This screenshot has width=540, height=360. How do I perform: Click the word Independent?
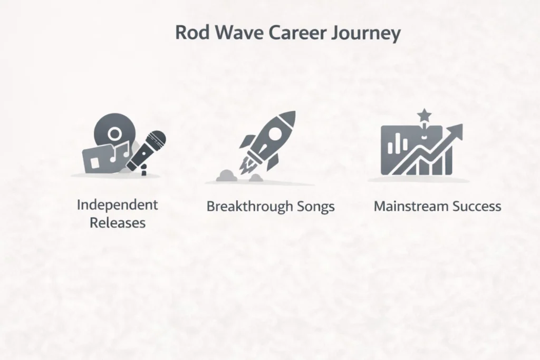pyautogui.click(x=117, y=205)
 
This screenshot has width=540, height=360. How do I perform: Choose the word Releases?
pyautogui.click(x=117, y=222)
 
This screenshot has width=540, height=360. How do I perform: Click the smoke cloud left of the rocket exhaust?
pyautogui.click(x=224, y=176)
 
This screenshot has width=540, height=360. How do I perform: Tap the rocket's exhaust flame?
pyautogui.click(x=246, y=165)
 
